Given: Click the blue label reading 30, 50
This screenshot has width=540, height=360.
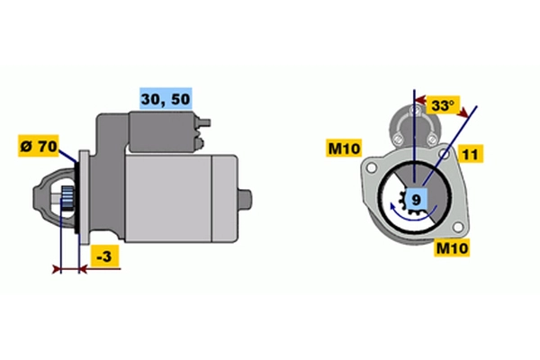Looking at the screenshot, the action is click(x=166, y=98).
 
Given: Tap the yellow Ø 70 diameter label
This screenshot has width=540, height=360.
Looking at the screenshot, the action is click(x=39, y=146).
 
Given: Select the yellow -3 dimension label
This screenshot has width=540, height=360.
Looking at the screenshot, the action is click(x=104, y=256).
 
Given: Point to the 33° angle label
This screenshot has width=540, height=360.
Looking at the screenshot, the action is click(x=443, y=105).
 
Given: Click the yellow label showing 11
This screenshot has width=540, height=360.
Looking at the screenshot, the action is click(x=471, y=154).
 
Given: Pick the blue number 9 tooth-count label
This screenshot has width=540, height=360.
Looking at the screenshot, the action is click(x=417, y=199).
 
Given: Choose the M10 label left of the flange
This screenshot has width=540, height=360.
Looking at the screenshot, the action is click(x=344, y=148).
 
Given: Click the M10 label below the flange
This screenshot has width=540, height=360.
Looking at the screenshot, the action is click(x=452, y=247).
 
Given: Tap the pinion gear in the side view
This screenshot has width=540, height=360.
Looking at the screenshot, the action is click(x=67, y=200).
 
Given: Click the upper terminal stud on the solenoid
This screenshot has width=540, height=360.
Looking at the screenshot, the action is click(x=204, y=122).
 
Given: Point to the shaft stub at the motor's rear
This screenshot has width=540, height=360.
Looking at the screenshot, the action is click(x=245, y=199).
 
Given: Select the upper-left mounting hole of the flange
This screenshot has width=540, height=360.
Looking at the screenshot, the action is click(x=371, y=168).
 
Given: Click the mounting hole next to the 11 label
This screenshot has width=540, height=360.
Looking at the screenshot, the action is click(x=445, y=154).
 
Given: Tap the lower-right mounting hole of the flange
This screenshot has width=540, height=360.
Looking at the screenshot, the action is click(x=458, y=228).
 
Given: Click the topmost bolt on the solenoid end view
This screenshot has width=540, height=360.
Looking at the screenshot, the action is click(x=415, y=111).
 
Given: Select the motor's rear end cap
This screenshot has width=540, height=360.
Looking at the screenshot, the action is click(x=224, y=199).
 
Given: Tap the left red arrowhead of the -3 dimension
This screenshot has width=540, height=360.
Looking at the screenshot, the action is click(x=57, y=269).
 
